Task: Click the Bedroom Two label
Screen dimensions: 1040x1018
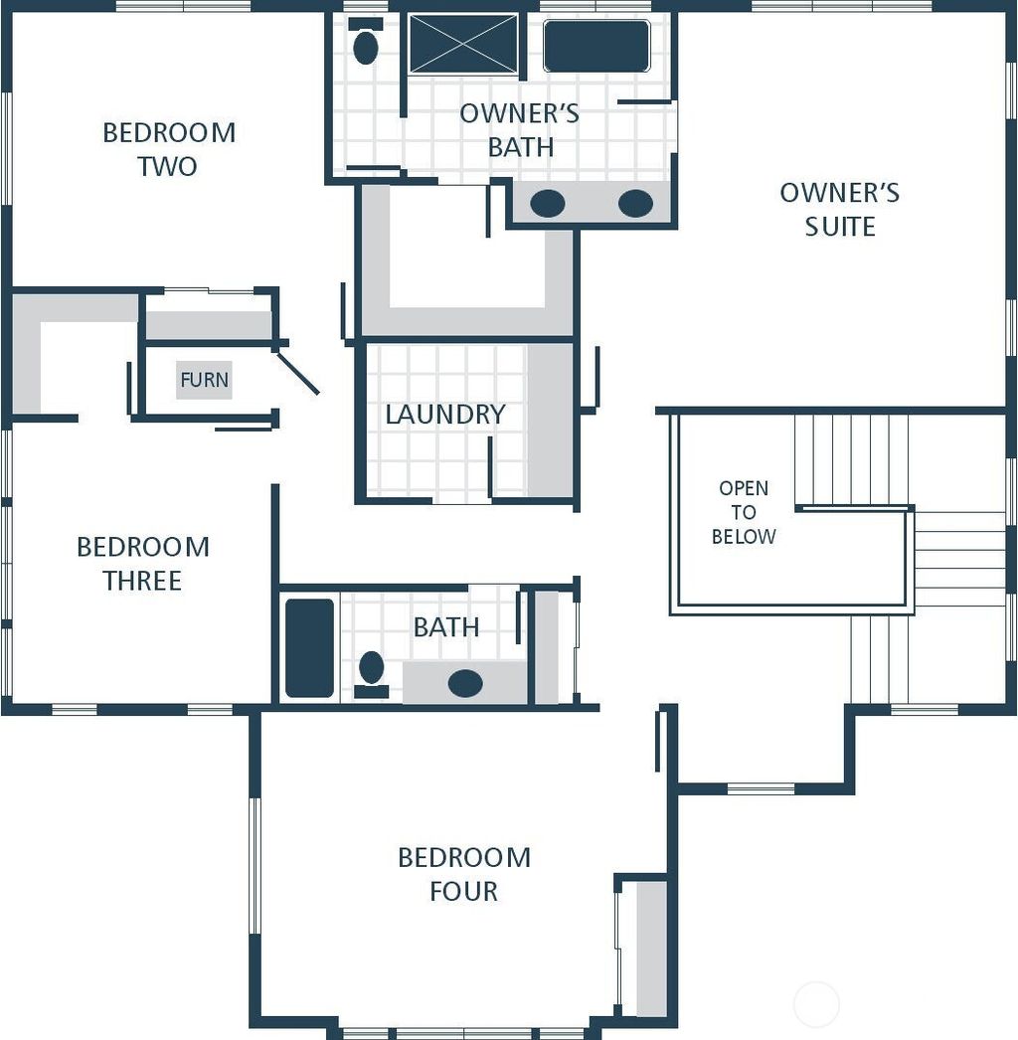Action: point(169,149)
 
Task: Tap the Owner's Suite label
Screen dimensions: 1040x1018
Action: point(840,209)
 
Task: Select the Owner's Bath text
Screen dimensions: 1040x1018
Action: point(519,129)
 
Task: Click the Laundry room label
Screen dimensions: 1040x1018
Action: point(445,414)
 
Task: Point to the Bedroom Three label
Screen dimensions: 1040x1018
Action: point(143,563)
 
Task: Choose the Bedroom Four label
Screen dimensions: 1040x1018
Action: point(464,873)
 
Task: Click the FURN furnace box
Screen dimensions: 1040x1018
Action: point(204,380)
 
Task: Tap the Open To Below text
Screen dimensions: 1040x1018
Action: point(744,512)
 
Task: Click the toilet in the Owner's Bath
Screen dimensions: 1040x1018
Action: point(366,45)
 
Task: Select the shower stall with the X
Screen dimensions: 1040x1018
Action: point(464,44)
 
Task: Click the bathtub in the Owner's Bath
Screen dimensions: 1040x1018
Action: point(596,46)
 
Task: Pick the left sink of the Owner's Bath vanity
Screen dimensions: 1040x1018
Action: point(548,204)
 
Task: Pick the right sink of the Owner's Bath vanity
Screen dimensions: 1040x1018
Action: point(635,204)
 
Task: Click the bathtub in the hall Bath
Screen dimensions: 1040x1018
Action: point(310,647)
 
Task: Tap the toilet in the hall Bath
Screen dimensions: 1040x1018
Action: point(372,670)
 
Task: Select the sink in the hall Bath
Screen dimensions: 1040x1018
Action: point(465,683)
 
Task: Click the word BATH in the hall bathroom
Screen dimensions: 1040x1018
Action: point(446,627)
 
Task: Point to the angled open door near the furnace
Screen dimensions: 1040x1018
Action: point(297,372)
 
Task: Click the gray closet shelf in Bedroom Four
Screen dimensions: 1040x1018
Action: point(650,948)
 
